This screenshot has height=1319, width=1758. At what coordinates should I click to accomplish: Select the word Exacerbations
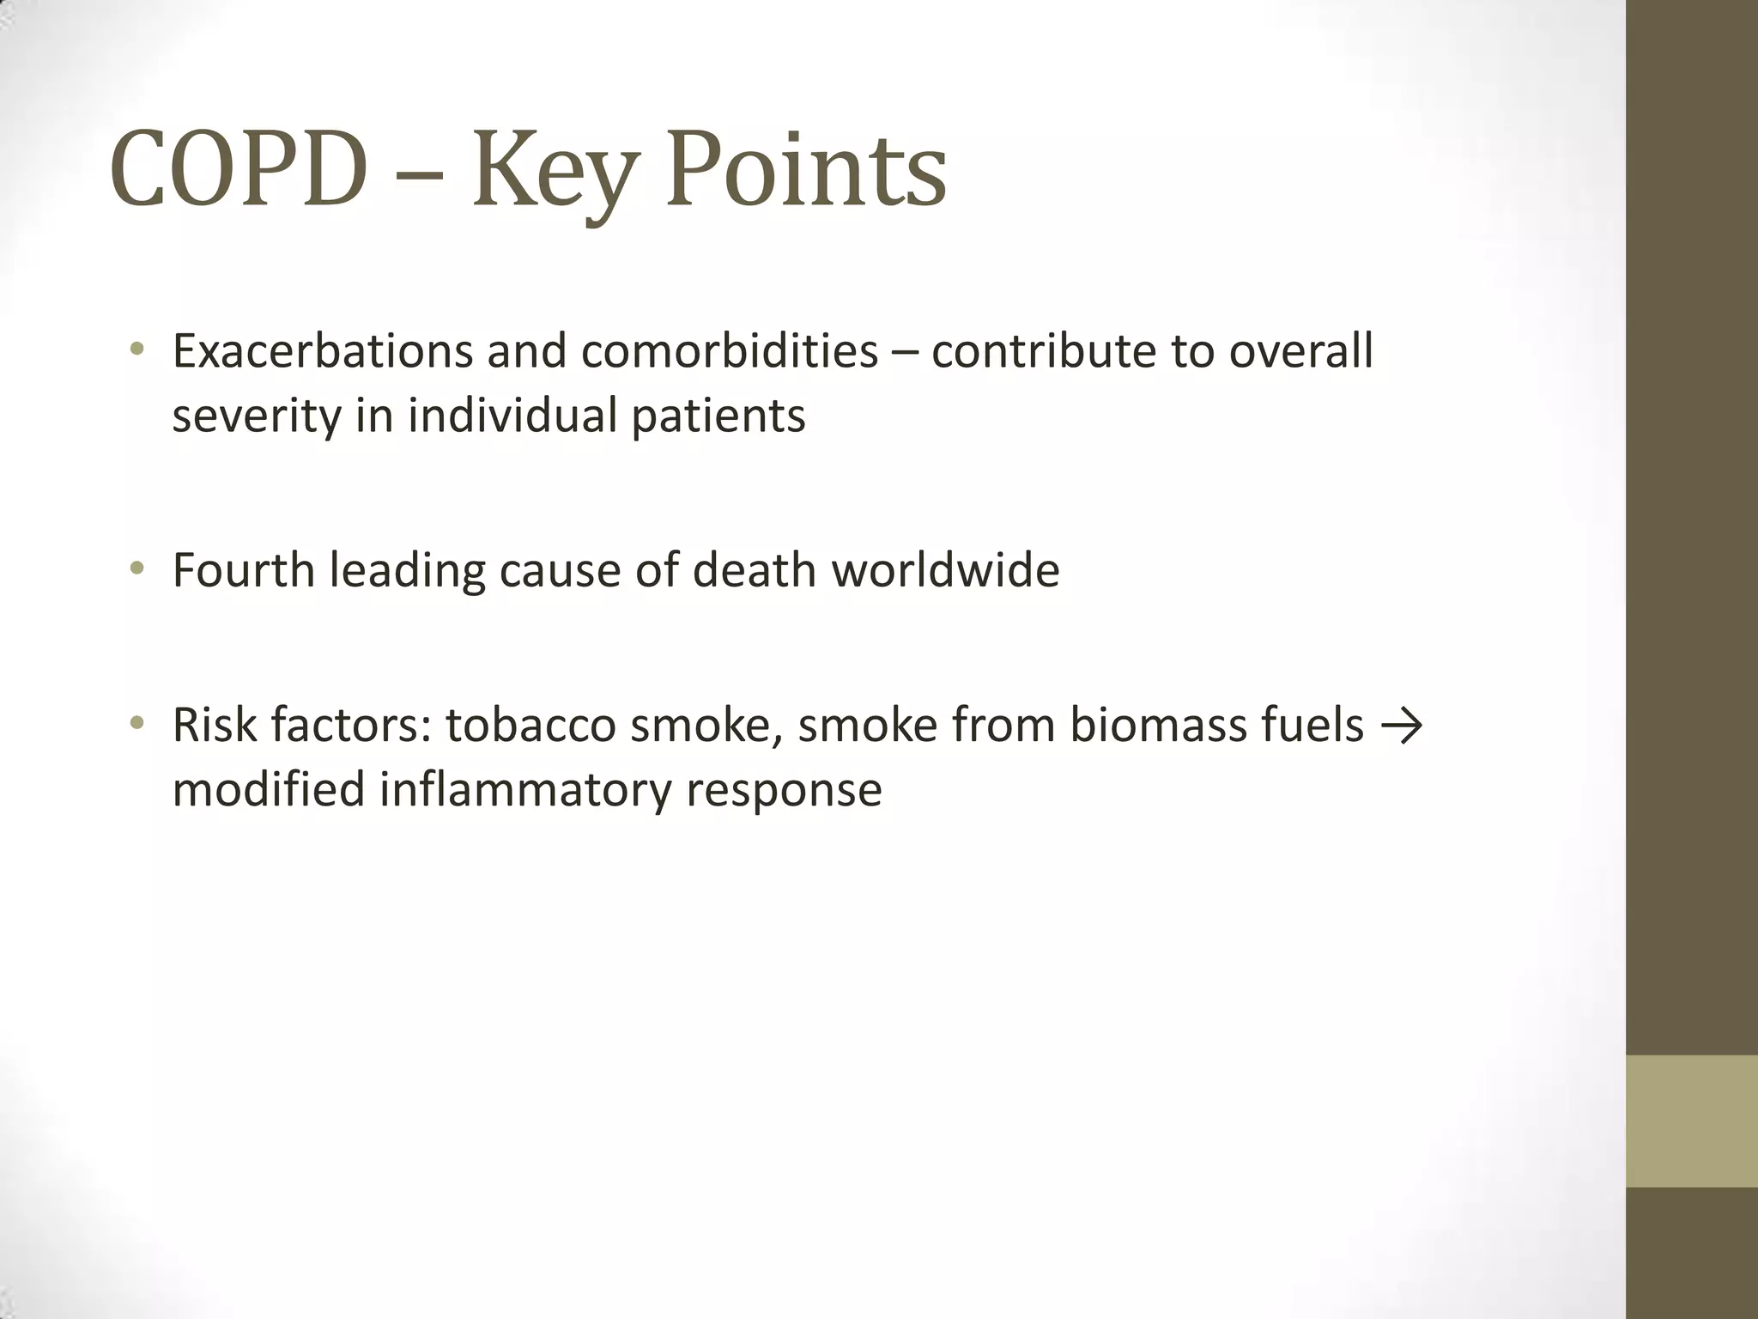[x=322, y=351]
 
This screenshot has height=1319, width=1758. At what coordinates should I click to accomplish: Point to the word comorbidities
[x=729, y=351]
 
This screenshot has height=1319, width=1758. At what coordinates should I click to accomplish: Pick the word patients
[x=718, y=416]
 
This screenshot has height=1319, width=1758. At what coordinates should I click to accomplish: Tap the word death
[x=753, y=570]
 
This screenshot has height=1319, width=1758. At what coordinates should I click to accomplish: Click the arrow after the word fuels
[x=1402, y=726]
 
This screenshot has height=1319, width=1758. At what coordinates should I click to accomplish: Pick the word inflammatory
[x=525, y=790]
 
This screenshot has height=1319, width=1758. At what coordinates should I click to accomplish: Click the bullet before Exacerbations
[x=136, y=350]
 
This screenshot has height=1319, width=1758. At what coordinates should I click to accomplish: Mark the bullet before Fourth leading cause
[x=136, y=569]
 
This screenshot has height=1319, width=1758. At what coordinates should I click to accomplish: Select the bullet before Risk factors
[x=136, y=724]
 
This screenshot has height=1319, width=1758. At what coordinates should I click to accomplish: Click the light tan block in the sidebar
[x=1692, y=1121]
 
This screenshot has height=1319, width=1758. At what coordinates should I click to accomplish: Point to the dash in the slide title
[x=421, y=172]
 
